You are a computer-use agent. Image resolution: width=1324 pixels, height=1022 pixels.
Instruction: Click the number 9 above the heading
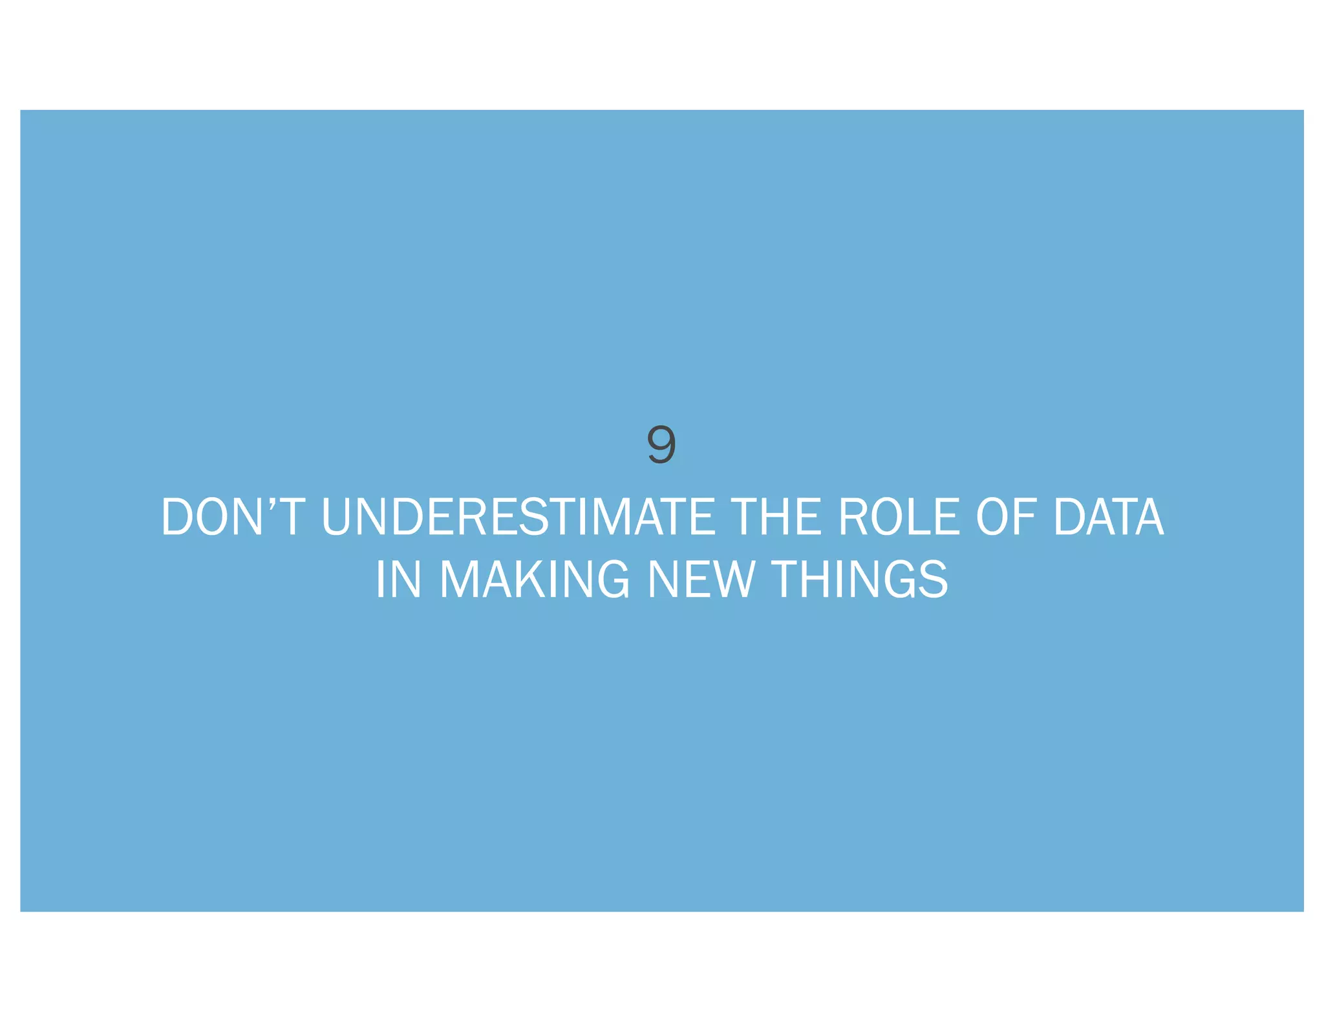pyautogui.click(x=661, y=444)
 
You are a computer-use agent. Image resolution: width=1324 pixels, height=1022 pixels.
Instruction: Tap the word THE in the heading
pyautogui.click(x=775, y=517)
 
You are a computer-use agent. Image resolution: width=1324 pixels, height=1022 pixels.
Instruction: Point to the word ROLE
pyautogui.click(x=899, y=517)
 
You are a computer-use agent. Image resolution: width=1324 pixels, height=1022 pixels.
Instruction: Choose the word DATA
pyautogui.click(x=1109, y=517)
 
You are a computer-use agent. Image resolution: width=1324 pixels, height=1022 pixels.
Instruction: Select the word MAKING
pyautogui.click(x=534, y=579)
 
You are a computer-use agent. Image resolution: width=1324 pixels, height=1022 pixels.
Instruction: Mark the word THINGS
pyautogui.click(x=860, y=579)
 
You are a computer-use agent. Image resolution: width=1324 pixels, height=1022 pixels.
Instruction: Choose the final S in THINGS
pyautogui.click(x=932, y=579)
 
